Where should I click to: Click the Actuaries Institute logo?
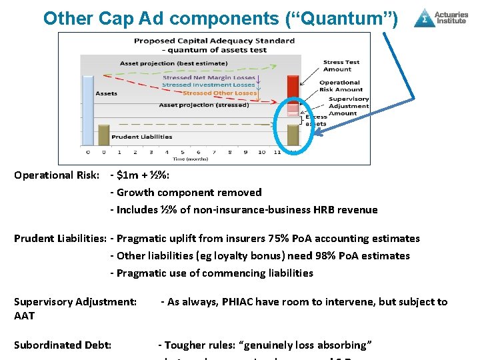pos(440,17)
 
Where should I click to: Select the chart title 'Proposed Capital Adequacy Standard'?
pos(214,41)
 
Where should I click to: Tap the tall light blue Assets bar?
pos(87,110)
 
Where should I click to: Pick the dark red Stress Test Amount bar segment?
pos(293,86)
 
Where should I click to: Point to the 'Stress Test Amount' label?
pos(341,65)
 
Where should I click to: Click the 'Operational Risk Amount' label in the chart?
pos(341,86)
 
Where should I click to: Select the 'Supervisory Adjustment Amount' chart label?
pos(347,106)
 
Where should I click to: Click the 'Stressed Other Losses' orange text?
pos(219,93)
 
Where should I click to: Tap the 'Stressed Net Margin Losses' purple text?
pos(209,77)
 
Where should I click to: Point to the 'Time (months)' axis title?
pos(188,159)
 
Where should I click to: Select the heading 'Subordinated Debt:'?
pos(63,345)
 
